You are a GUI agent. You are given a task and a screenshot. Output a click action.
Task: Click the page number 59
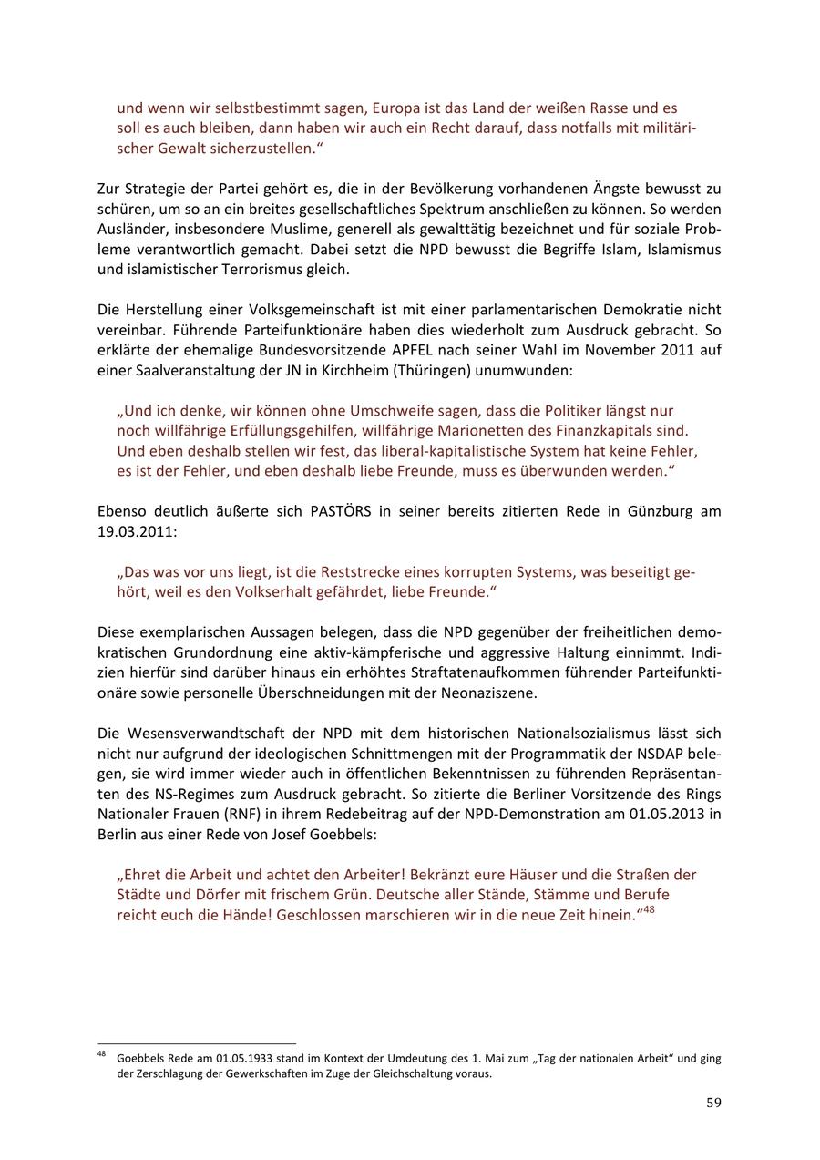[x=713, y=1103]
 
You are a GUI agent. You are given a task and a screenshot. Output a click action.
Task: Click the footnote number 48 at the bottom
[x=101, y=1055]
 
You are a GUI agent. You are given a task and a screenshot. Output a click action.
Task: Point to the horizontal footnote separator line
[x=197, y=1043]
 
